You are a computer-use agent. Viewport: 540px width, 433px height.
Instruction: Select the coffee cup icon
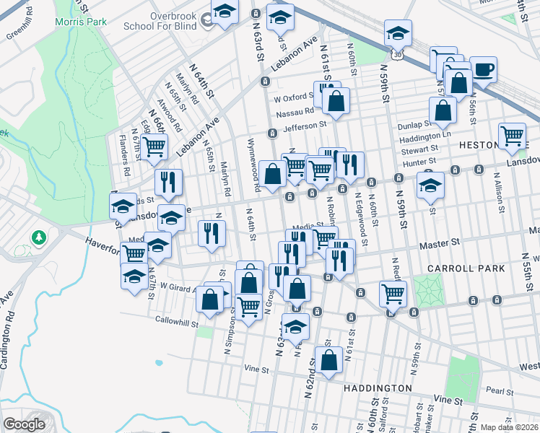tap(484, 70)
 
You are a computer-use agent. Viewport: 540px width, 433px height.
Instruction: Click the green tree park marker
tap(38, 237)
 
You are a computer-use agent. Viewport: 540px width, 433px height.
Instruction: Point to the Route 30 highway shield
tap(396, 54)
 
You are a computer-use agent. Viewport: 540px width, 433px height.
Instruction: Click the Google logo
tap(24, 424)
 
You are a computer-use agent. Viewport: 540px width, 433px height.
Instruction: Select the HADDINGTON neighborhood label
tap(378, 388)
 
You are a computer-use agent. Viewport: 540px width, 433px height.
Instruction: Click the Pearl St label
tap(499, 390)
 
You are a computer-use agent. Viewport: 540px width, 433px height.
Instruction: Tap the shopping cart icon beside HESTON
tap(512, 135)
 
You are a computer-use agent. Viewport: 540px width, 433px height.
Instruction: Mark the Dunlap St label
tap(414, 126)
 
